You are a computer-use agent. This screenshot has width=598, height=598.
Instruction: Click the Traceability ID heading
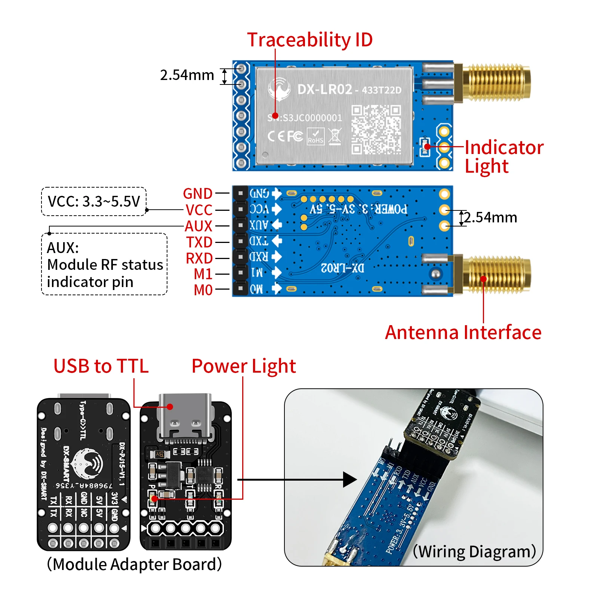pyautogui.click(x=309, y=40)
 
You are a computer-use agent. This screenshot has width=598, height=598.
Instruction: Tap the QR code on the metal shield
pyautogui.click(x=376, y=129)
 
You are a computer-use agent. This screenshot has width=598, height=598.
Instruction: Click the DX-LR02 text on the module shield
pyautogui.click(x=324, y=90)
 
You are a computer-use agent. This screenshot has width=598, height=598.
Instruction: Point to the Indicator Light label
pyautogui.click(x=503, y=156)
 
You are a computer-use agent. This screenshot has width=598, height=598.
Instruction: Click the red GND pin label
pyautogui.click(x=197, y=194)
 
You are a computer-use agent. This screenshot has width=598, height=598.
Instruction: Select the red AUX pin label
pyautogui.click(x=198, y=226)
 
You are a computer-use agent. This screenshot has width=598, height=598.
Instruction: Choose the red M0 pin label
pyautogui.click(x=203, y=290)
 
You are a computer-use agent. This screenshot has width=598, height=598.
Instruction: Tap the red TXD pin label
pyautogui.click(x=199, y=242)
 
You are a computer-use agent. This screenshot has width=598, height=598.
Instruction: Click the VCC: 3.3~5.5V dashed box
pyautogui.click(x=93, y=201)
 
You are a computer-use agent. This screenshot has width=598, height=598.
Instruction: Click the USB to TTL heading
pyautogui.click(x=101, y=366)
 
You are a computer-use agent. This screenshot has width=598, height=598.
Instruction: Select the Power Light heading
pyautogui.click(x=243, y=366)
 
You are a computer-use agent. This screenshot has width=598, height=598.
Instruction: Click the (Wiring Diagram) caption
pyautogui.click(x=474, y=551)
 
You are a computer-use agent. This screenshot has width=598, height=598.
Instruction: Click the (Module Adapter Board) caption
pyautogui.click(x=134, y=564)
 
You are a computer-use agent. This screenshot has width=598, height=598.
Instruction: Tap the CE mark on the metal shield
pyautogui.click(x=276, y=136)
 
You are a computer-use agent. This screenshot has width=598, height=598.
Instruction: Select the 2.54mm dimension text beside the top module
pyautogui.click(x=187, y=75)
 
